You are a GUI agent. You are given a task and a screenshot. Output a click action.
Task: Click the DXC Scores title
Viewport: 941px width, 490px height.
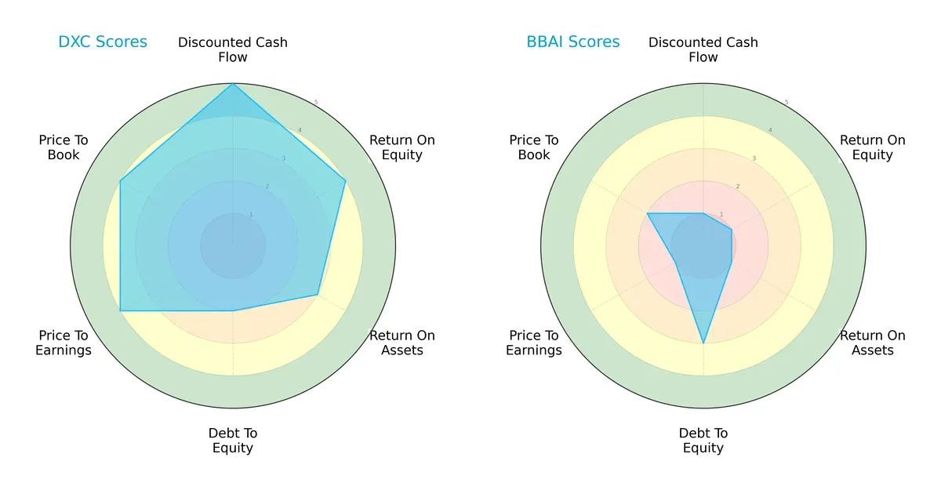click(103, 42)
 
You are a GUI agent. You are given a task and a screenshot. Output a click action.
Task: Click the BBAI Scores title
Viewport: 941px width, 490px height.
click(573, 42)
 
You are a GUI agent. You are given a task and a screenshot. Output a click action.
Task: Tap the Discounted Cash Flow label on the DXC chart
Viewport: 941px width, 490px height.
click(233, 49)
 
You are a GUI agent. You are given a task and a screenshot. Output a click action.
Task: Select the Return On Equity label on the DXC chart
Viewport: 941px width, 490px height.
click(402, 147)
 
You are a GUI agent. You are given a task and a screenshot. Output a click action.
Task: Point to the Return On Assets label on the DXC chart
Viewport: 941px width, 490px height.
click(402, 343)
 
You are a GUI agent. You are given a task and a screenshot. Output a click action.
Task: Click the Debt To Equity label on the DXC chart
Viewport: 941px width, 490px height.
click(233, 441)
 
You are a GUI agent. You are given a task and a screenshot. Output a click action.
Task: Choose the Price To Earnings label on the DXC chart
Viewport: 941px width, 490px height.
click(64, 343)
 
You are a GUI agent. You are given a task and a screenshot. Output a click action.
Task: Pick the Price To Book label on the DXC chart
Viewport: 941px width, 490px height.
click(64, 147)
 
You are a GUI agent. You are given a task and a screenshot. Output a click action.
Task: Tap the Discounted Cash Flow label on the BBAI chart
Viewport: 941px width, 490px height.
click(703, 49)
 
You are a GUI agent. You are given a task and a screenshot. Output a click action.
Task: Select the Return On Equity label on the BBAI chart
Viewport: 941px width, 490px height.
click(873, 147)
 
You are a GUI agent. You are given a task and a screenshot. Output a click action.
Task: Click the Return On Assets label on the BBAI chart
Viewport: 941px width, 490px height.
click(873, 343)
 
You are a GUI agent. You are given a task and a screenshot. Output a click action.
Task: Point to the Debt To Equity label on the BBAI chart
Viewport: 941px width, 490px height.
click(703, 441)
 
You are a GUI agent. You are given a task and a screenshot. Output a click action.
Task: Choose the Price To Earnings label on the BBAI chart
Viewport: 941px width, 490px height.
click(534, 343)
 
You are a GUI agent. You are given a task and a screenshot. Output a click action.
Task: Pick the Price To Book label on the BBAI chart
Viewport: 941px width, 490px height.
click(534, 147)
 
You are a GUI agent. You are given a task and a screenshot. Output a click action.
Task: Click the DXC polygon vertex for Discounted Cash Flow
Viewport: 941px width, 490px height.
click(233, 84)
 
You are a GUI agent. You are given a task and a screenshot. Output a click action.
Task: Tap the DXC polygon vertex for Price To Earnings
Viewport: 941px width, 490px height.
click(120, 311)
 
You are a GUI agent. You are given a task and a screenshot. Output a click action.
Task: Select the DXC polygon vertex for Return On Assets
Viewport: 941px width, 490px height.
click(318, 295)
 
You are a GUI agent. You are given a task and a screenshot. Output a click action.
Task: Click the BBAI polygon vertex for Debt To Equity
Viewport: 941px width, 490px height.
click(703, 343)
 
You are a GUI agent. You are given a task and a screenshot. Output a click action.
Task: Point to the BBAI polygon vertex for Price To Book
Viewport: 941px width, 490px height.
click(648, 213)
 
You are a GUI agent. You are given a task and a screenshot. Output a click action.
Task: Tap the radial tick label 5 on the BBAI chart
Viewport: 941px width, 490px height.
click(787, 102)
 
